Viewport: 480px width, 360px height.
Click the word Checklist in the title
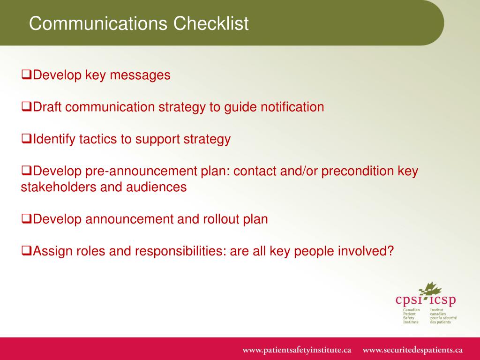pos(211,23)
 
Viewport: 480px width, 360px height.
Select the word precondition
pos(358,171)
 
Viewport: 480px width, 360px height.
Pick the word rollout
pos(220,219)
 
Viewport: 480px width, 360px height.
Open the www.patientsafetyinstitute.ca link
pos(297,350)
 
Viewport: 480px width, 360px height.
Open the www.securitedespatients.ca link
pos(412,350)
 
